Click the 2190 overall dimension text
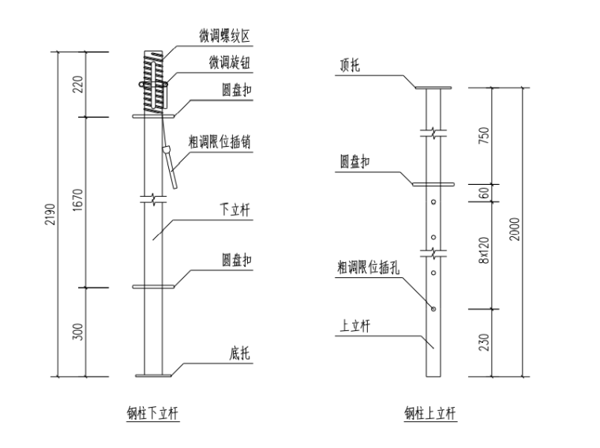[51, 215]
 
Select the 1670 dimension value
[78, 202]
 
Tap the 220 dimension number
[78, 85]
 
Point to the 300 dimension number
[78, 331]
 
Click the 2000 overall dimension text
[515, 231]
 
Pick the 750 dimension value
[484, 136]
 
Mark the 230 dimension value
[484, 341]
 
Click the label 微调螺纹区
[224, 36]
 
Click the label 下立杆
[234, 212]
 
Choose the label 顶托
[349, 67]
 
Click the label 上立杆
[354, 325]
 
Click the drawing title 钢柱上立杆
[430, 412]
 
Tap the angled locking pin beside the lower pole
[170, 165]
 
